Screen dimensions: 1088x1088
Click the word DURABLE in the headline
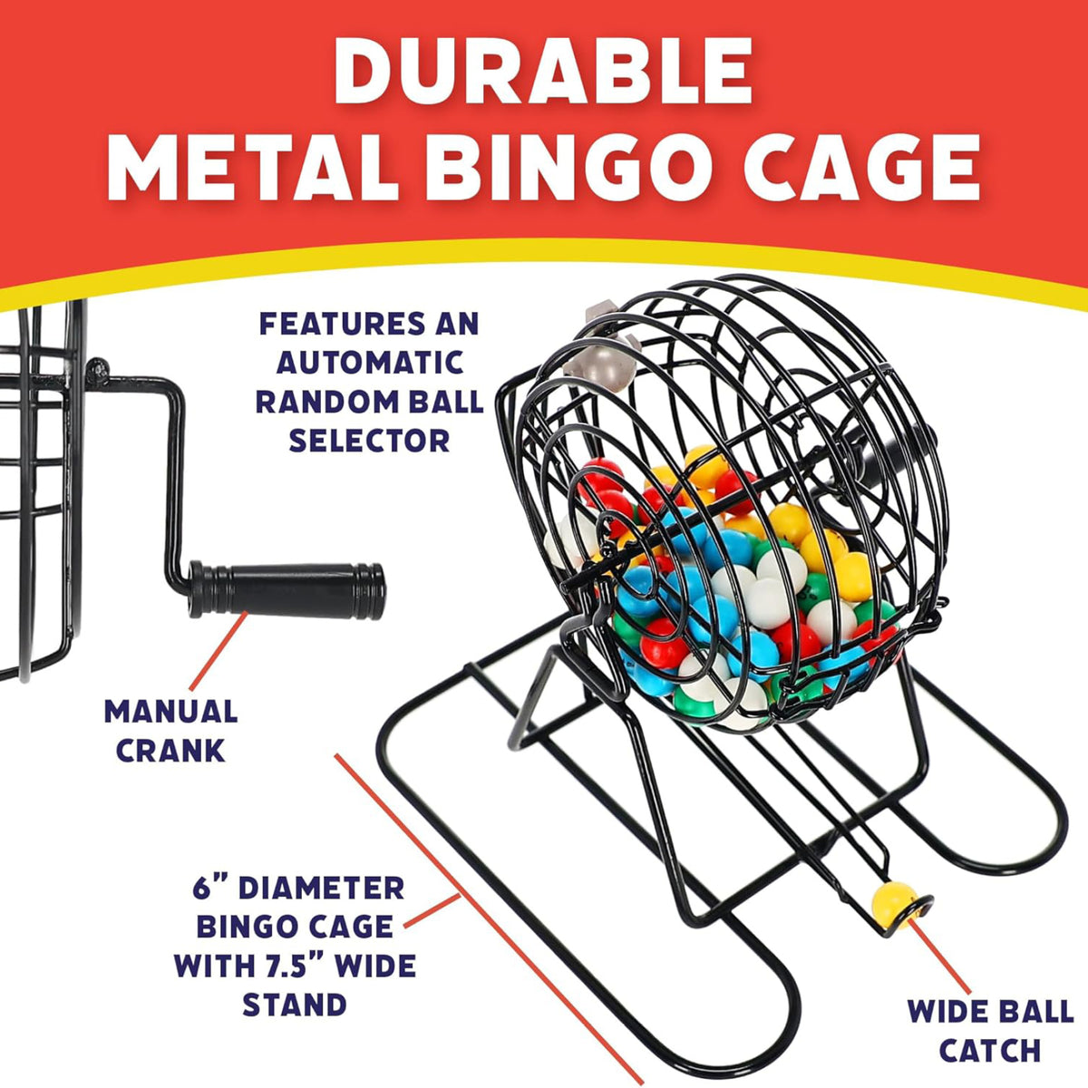(543, 71)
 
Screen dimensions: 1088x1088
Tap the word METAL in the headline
(253, 167)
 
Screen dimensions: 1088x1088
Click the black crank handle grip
(287, 590)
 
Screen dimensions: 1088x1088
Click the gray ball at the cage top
(600, 366)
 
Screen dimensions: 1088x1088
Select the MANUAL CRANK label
(171, 731)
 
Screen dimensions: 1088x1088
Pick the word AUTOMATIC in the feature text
(371, 363)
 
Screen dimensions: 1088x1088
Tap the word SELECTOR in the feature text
(370, 441)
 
